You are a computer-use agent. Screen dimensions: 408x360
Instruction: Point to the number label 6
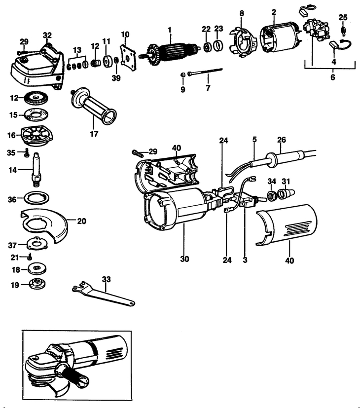point(332,77)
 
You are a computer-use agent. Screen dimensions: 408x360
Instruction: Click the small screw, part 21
point(30,257)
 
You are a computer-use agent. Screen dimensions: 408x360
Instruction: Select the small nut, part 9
point(183,74)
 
